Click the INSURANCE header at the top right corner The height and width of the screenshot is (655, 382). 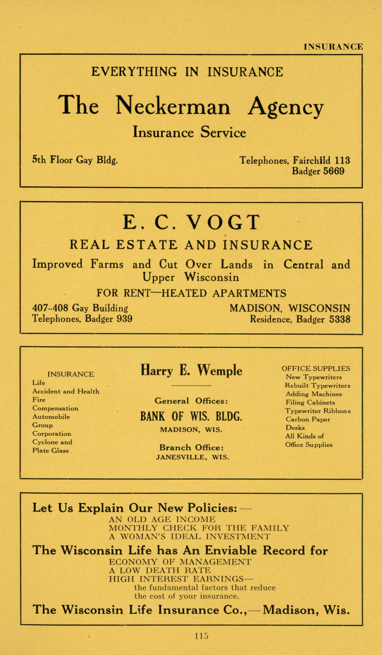(x=333, y=47)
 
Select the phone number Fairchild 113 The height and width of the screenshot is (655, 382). (x=321, y=160)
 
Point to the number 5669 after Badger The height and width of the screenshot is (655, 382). (x=334, y=171)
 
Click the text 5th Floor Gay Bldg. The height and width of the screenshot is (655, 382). (x=75, y=160)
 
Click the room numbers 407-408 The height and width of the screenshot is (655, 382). (x=50, y=308)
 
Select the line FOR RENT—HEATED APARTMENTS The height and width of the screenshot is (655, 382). (x=191, y=293)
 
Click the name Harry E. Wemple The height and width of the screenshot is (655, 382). (x=191, y=371)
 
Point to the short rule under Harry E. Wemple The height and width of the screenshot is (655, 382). (x=191, y=385)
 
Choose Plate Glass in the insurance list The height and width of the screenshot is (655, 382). (x=50, y=450)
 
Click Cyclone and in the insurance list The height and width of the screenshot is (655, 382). (x=52, y=442)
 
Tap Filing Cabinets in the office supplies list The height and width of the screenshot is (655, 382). (x=310, y=402)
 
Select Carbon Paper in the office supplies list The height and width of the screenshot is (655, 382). (x=308, y=419)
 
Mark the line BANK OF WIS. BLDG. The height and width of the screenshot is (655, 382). (x=191, y=417)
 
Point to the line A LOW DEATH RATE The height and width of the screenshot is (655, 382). (x=160, y=570)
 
